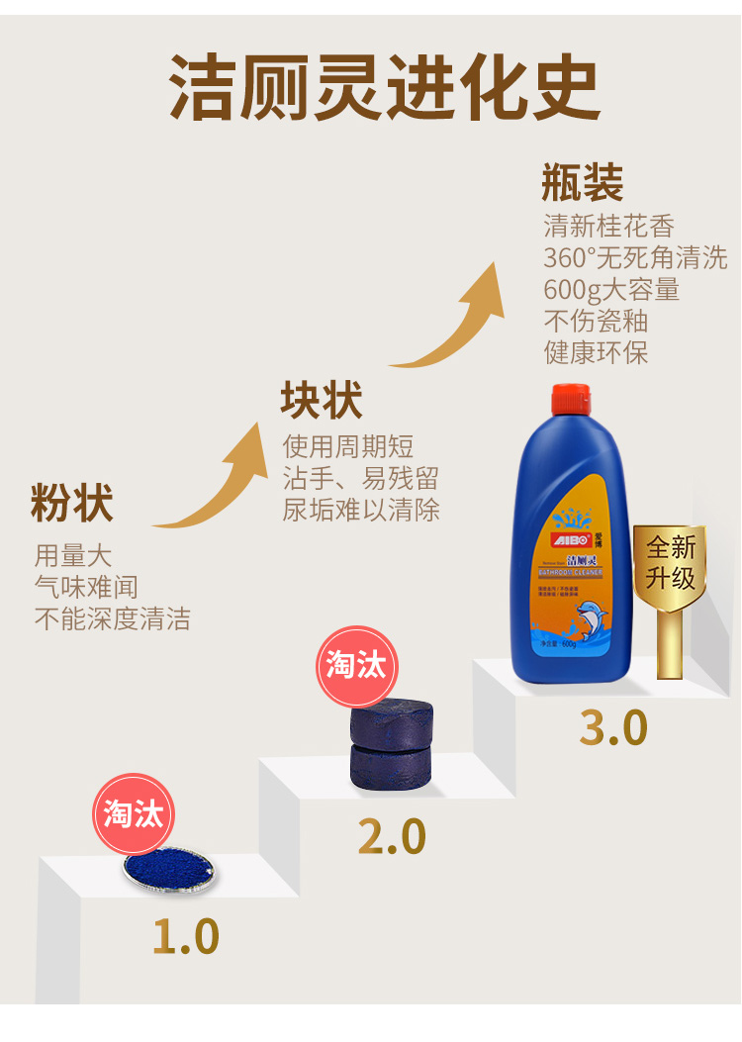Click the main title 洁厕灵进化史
(x=385, y=87)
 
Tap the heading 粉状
(x=71, y=503)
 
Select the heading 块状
(x=322, y=401)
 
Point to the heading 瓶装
(x=583, y=184)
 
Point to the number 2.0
(x=391, y=836)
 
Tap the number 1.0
(x=185, y=935)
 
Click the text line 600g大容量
(x=610, y=290)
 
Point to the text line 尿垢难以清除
(x=360, y=510)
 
